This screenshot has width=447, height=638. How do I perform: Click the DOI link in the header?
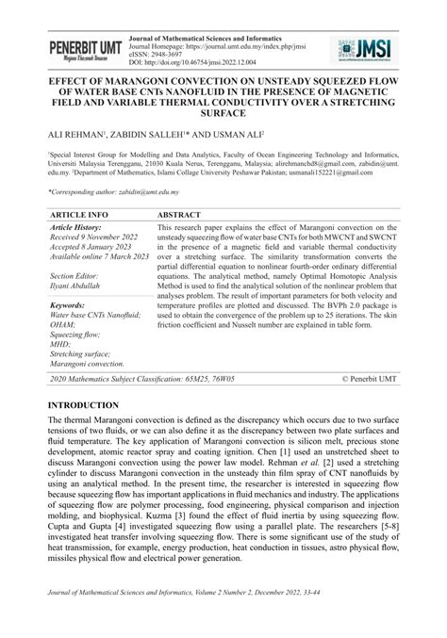197,61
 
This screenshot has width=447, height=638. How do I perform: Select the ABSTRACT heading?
187,215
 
